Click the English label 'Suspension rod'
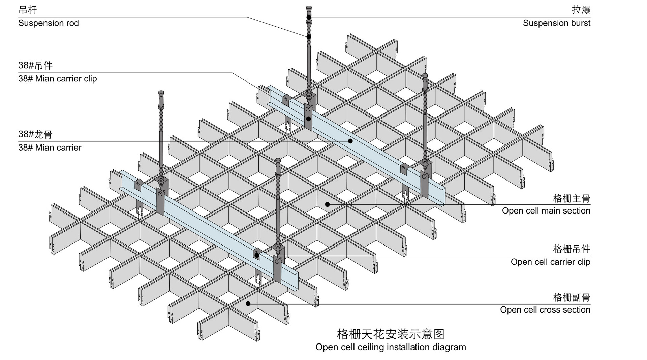coord(49,23)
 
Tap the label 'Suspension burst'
coord(556,23)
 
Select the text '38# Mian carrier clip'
coord(58,79)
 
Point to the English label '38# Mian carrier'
coord(50,148)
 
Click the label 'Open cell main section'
coord(546,211)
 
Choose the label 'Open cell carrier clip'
coord(550,262)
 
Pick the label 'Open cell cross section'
coord(545,310)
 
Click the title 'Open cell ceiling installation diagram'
coord(391,347)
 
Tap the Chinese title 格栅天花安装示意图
coord(391,334)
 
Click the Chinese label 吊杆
coord(28,10)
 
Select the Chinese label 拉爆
coord(581,10)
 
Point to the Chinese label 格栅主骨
coord(572,198)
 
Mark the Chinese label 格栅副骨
coord(572,297)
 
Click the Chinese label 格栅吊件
coord(572,249)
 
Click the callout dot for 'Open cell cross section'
coord(248,304)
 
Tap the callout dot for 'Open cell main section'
coord(327,204)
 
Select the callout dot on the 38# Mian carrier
coord(350,141)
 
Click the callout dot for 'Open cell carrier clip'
coord(257,255)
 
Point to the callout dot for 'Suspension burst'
coord(309,17)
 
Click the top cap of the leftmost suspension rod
coord(161,92)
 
